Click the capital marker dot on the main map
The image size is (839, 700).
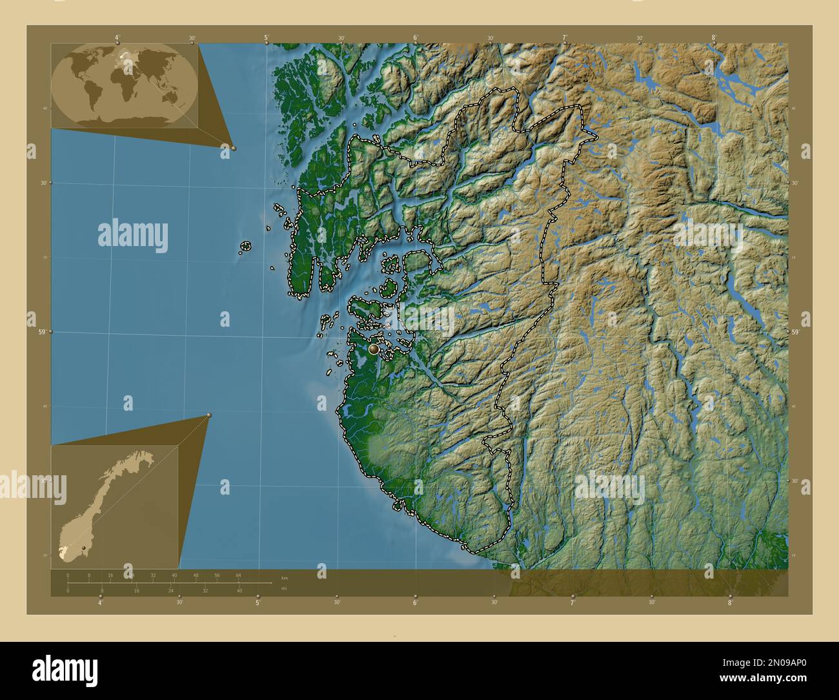(374, 349)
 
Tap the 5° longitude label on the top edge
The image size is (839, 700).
(267, 38)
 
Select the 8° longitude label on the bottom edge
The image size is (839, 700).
(731, 603)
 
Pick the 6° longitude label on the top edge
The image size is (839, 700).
(416, 38)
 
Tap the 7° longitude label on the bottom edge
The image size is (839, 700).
(572, 603)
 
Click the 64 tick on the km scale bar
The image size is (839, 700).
(238, 575)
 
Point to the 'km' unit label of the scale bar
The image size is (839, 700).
(285, 577)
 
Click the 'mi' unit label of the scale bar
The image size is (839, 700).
(284, 588)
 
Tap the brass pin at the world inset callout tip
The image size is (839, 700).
(234, 148)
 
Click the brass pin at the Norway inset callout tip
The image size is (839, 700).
(209, 415)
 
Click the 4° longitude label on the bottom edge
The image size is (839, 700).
(100, 603)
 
